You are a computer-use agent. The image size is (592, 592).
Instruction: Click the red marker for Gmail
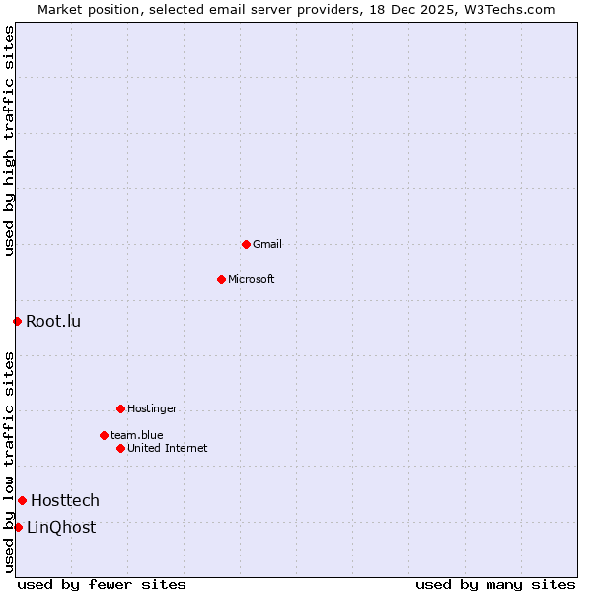(x=246, y=244)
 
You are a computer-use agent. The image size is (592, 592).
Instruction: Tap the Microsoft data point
(x=221, y=279)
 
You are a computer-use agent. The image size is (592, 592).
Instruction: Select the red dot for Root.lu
(x=17, y=321)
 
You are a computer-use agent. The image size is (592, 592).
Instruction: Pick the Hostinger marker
(x=120, y=408)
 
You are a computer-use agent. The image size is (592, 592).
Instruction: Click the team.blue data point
(x=104, y=435)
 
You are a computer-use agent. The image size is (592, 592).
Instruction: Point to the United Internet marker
(x=120, y=448)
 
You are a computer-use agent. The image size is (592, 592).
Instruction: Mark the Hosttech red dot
(x=22, y=501)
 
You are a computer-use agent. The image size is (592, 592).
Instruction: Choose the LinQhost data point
(x=18, y=527)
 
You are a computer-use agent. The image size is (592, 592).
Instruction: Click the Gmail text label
(x=267, y=244)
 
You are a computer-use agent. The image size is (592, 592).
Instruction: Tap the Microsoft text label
(x=252, y=279)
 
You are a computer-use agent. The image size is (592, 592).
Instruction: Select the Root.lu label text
(x=53, y=321)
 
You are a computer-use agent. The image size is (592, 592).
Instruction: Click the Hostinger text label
(x=152, y=408)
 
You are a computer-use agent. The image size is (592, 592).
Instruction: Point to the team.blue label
(x=137, y=435)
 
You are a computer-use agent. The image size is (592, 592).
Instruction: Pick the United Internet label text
(x=168, y=448)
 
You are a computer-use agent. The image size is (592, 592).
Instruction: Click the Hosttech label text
(x=65, y=501)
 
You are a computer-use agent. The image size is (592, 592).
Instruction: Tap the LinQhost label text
(x=61, y=527)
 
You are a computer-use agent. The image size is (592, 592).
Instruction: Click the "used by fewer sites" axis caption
(x=102, y=584)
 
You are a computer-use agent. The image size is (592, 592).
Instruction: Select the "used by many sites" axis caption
(x=495, y=584)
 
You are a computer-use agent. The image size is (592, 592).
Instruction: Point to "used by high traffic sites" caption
(x=10, y=140)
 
